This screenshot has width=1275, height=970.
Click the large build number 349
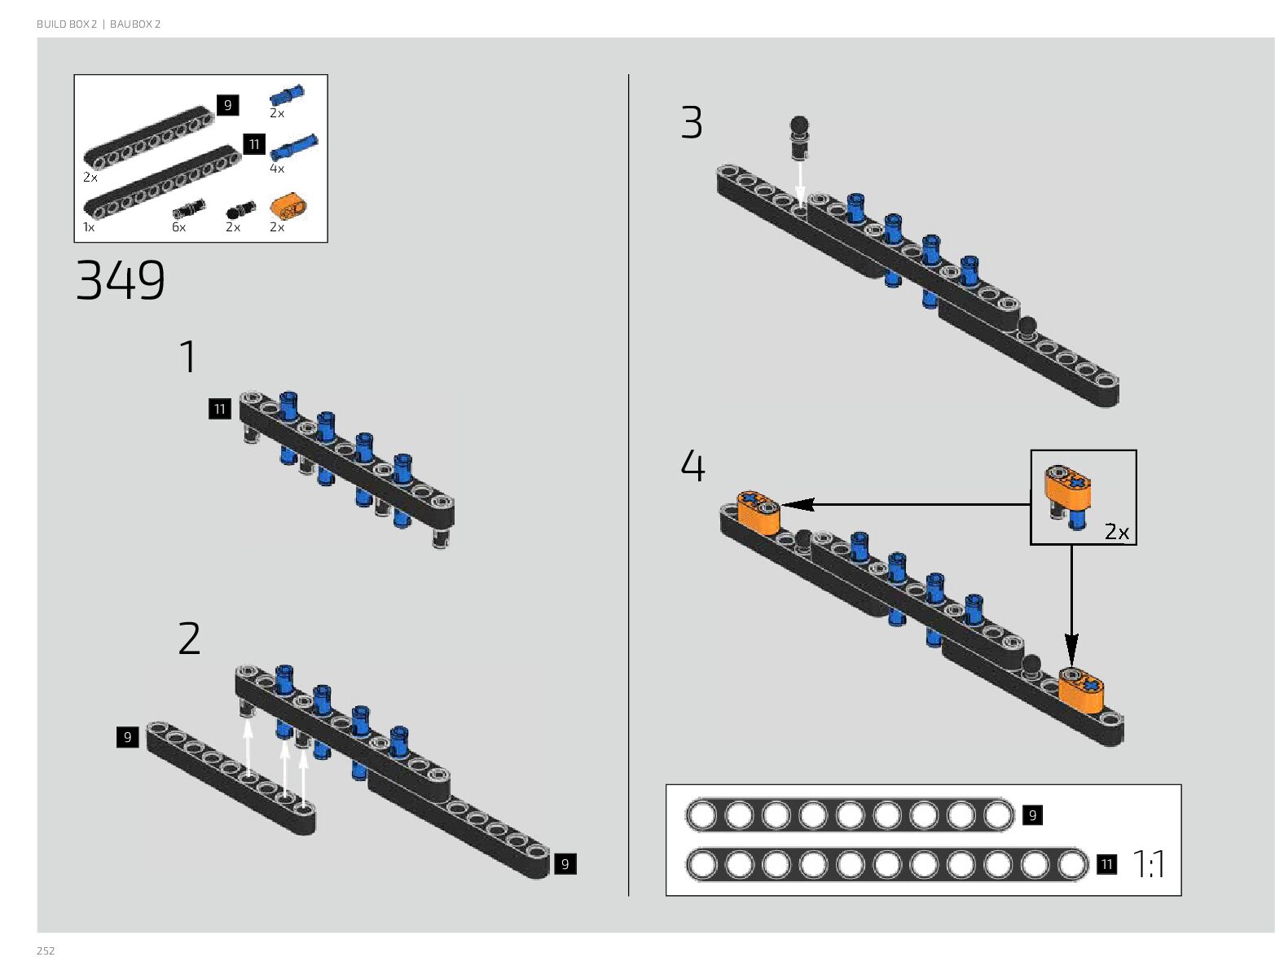point(121,280)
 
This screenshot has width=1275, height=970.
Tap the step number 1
point(188,357)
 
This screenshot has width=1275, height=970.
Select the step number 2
point(189,639)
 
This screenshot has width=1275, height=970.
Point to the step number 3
point(691,123)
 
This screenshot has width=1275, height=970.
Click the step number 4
point(692,466)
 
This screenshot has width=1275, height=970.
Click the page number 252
point(46,950)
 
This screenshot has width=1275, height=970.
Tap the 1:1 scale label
point(1149,864)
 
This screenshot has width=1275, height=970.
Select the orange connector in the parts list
point(288,206)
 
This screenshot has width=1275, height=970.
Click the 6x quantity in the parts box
point(178,227)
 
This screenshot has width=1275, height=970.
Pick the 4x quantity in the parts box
point(277,169)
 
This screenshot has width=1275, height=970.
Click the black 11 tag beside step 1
point(219,409)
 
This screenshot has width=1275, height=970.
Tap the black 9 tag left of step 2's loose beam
point(127,737)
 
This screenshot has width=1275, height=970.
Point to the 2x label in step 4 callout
point(1116,532)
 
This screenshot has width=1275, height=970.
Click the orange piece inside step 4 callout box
point(1067,485)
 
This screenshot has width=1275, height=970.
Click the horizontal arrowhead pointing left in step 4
point(794,505)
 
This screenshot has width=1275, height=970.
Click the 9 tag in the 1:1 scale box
point(1032,815)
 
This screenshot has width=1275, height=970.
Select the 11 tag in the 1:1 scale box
point(1106,864)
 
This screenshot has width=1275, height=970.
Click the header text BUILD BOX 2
point(67,24)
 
